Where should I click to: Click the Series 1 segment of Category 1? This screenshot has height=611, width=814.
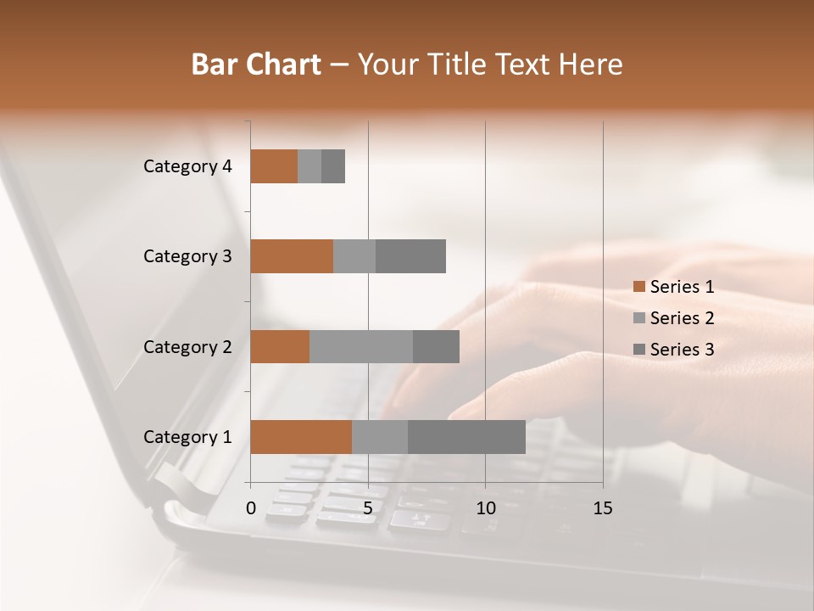tap(301, 437)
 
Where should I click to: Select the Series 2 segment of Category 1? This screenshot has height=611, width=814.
tap(380, 437)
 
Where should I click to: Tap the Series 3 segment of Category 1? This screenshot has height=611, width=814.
tap(466, 437)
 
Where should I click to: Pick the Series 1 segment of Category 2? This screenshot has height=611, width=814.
tap(280, 346)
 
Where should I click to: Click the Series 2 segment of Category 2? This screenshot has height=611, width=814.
tap(361, 346)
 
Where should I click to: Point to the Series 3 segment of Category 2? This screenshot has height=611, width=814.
tap(436, 346)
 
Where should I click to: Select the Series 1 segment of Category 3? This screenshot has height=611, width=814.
tap(292, 256)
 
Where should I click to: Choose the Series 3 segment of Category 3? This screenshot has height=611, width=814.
tap(410, 256)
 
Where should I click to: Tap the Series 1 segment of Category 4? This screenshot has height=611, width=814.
tap(274, 166)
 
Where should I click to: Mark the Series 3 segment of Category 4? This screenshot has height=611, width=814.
tap(333, 166)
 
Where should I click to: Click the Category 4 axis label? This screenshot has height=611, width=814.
tap(187, 166)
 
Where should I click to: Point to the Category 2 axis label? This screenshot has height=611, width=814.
tap(187, 347)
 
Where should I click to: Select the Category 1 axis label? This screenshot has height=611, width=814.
tap(187, 437)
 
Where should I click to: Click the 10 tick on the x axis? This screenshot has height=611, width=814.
tap(485, 508)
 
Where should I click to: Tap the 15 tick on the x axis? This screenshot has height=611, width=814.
tap(603, 508)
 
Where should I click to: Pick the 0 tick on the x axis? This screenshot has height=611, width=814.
tap(251, 508)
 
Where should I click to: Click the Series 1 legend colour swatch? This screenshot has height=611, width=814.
tap(638, 287)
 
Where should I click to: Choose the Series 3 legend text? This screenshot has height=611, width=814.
tap(682, 350)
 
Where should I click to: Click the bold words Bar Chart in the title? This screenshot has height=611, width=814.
tap(256, 64)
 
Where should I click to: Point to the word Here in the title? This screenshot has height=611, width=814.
tap(590, 64)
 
